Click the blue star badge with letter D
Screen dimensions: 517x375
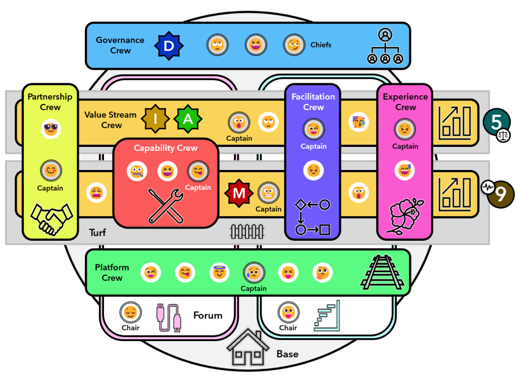169,45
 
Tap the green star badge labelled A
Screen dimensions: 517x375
188,119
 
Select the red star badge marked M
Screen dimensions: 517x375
239,193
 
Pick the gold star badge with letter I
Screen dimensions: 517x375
156,119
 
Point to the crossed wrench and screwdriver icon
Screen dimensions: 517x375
166,206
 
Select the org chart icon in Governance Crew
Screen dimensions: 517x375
385,46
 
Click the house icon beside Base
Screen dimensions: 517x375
247,347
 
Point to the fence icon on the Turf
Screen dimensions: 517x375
247,231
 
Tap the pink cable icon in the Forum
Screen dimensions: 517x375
169,317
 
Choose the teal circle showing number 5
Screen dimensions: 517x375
497,122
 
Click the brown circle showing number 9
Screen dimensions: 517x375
501,194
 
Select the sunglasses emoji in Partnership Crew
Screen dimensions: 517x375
51,129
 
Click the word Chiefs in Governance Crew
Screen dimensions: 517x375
321,45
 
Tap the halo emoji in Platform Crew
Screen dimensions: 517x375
219,273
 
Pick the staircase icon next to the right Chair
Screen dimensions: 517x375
327,315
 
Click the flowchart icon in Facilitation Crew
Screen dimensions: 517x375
313,217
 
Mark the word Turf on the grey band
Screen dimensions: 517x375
97,233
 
